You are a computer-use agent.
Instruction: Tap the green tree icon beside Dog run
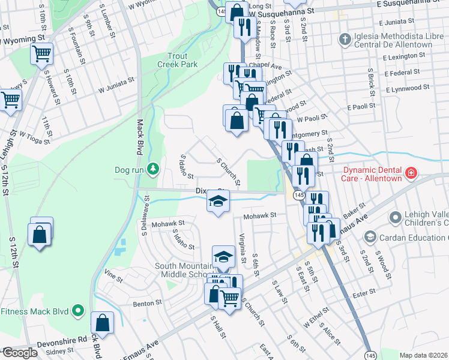point(154,169)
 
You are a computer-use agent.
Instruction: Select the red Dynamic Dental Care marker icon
point(411,174)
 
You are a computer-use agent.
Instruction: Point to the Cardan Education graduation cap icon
point(372,237)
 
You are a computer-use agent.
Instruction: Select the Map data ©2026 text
point(423,355)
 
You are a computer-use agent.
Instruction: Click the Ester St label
point(364,292)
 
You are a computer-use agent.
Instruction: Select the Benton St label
point(144,304)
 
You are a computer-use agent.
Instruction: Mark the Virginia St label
point(243,248)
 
